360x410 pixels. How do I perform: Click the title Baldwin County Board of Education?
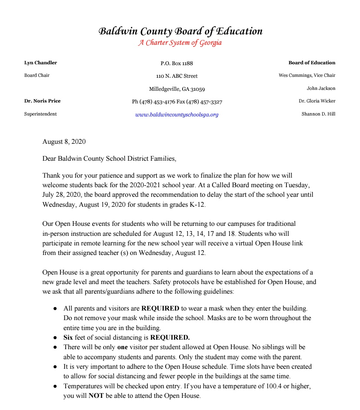tap(180, 31)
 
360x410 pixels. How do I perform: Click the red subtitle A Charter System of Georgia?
tap(180, 43)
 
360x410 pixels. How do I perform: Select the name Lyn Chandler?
tap(40, 63)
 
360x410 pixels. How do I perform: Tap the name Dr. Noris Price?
tap(42, 101)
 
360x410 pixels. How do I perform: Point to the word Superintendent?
tap(40, 114)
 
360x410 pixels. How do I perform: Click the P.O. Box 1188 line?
tap(177, 63)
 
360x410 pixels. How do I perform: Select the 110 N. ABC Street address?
tap(177, 76)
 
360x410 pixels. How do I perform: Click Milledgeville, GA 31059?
tap(177, 89)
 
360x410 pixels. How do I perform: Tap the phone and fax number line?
tap(177, 102)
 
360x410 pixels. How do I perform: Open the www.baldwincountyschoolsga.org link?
tap(177, 115)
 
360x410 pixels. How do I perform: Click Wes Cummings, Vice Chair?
tap(307, 76)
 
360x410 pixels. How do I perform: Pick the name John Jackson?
tap(321, 89)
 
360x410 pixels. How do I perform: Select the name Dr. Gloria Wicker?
tap(317, 101)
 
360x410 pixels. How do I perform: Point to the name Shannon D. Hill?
tap(318, 114)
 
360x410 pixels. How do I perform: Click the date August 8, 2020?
tap(64, 142)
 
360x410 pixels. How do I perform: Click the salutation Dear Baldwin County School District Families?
tap(110, 159)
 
